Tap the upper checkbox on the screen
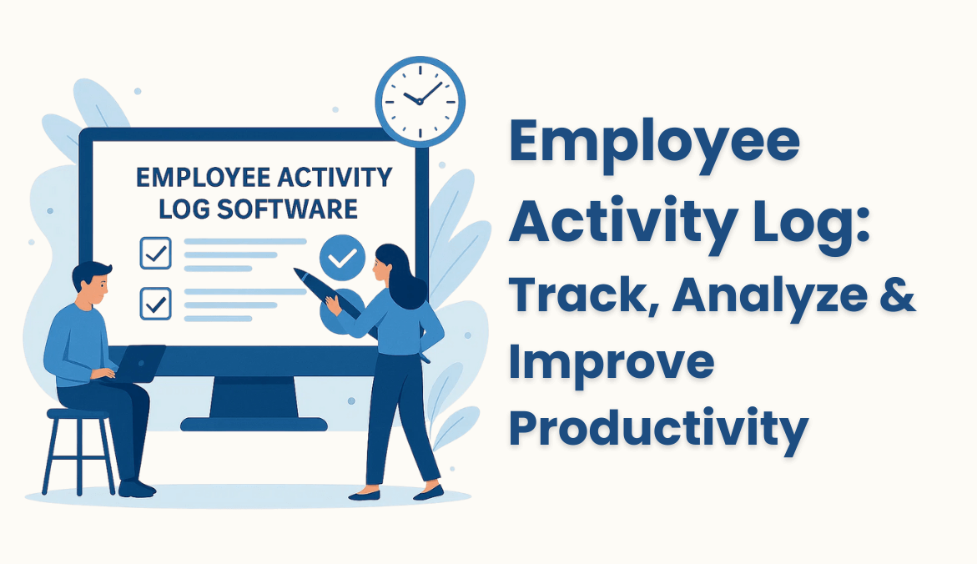(x=155, y=253)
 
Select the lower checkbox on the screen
(x=155, y=303)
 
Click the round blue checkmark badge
(x=342, y=258)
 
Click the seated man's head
(x=92, y=283)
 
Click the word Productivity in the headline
(x=658, y=430)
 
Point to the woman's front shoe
(x=365, y=495)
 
